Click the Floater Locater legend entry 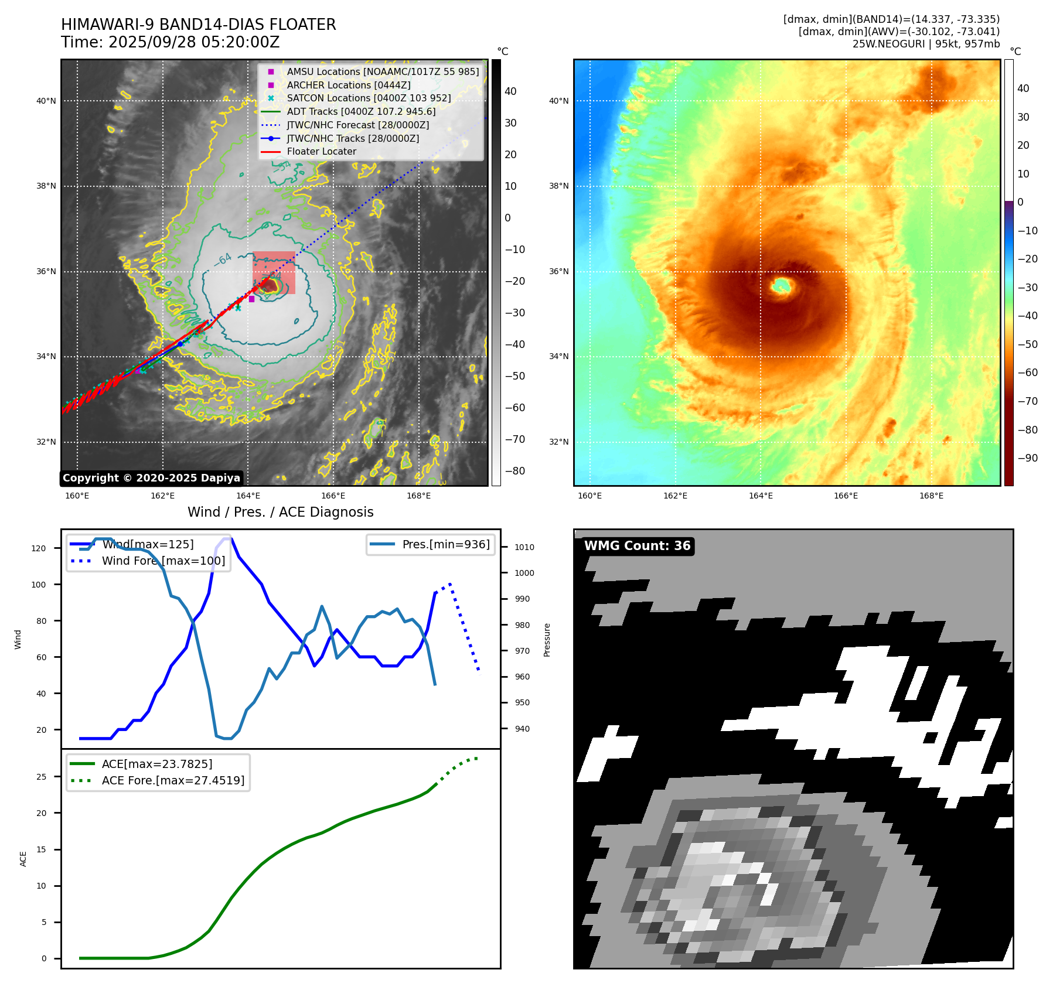pos(321,152)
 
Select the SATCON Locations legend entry pos(369,98)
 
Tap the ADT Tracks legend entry pos(361,111)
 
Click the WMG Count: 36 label pos(637,546)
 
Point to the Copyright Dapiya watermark pos(151,478)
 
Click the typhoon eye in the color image pos(781,286)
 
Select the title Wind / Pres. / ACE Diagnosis pos(280,512)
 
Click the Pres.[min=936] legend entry pos(445,544)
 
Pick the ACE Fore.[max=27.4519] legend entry pos(173,780)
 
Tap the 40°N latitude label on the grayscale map pos(46,101)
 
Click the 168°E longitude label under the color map pos(931,496)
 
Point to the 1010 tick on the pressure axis pos(524,547)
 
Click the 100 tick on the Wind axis pos(39,585)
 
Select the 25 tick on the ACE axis pos(42,777)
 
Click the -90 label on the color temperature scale pos(1027,458)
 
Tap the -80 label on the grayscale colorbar pos(515,471)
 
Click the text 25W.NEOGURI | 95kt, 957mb pos(926,44)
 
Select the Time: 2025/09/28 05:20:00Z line pos(170,42)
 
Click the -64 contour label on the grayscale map pos(223,258)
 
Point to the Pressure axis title pos(547,639)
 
